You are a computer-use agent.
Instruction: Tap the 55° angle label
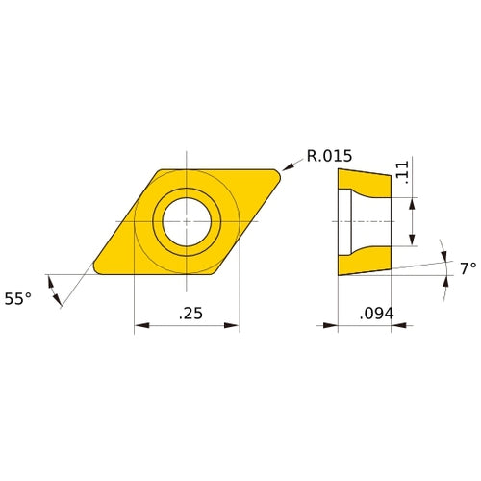pyautogui.click(x=17, y=298)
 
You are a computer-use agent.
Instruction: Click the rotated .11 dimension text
pyautogui.click(x=403, y=173)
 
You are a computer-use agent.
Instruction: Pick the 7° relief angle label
pyautogui.click(x=467, y=269)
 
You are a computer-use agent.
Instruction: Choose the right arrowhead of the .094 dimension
pyautogui.click(x=388, y=326)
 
